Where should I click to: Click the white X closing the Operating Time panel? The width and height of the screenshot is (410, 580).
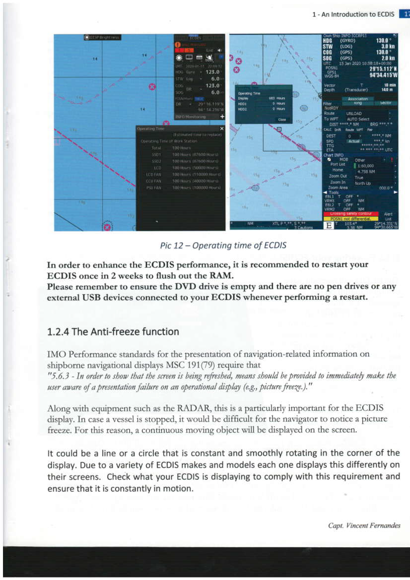221,129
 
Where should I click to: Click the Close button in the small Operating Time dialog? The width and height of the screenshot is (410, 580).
281,120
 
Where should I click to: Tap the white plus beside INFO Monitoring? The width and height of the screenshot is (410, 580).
221,117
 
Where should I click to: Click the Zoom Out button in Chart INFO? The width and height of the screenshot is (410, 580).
338,176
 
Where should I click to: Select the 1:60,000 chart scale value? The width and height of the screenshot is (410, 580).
366,166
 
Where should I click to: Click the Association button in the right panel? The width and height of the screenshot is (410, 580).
357,99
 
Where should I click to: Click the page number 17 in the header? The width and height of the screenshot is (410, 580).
406,14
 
